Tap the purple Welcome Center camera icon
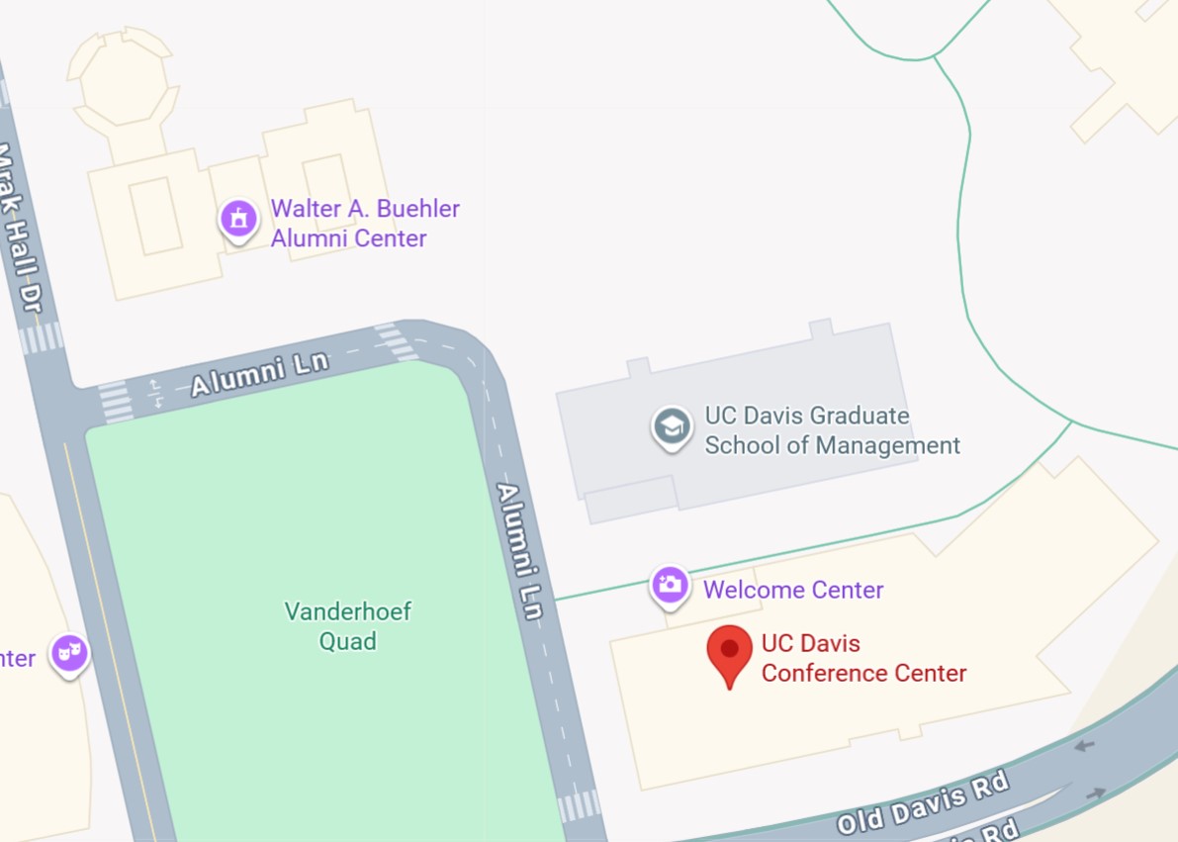[x=670, y=585]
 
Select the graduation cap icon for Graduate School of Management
[x=672, y=427]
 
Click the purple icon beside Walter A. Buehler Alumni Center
[x=238, y=219]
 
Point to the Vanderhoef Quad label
[x=347, y=626]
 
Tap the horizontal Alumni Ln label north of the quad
[x=259, y=374]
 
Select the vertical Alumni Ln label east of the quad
[x=521, y=551]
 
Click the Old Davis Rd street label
[x=923, y=801]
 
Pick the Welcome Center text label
[x=793, y=591]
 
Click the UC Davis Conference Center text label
[x=862, y=659]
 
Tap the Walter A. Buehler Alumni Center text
[x=365, y=224]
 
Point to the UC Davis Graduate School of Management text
[x=831, y=430]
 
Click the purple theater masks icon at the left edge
[x=70, y=653]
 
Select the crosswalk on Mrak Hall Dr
[x=41, y=338]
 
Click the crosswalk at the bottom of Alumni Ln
[x=579, y=806]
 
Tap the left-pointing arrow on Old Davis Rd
[x=1084, y=745]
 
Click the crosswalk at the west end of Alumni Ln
[x=116, y=401]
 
